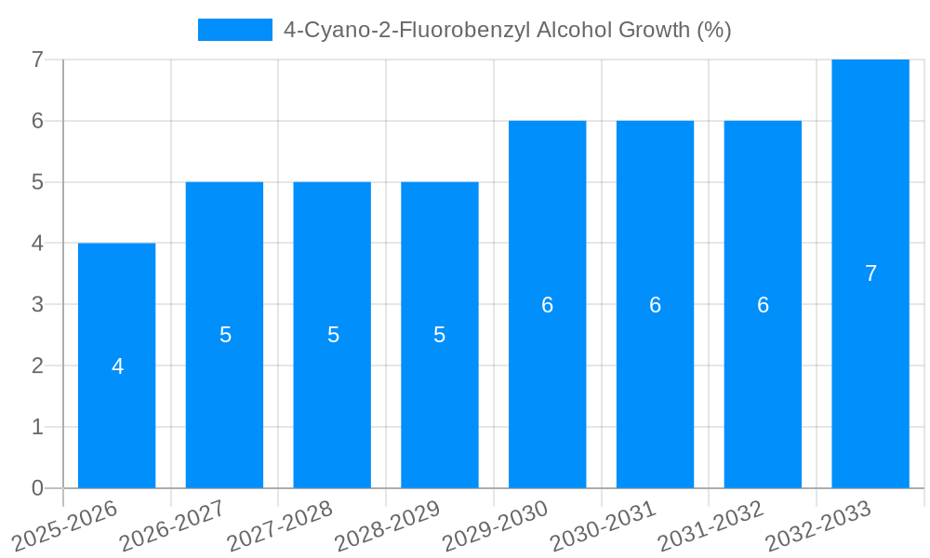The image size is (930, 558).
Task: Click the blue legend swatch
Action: [x=234, y=30]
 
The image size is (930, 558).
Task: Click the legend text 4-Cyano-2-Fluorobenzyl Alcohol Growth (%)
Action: [x=507, y=30]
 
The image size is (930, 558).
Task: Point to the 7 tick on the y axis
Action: [x=37, y=60]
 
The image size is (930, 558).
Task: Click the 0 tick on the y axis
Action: [x=37, y=488]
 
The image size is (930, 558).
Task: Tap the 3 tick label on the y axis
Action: [x=37, y=304]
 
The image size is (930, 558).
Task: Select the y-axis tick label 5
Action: [x=37, y=182]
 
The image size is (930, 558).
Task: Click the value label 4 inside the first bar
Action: [x=117, y=366]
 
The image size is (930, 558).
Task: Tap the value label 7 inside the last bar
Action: [x=870, y=273]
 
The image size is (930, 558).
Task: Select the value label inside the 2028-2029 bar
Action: [x=440, y=335]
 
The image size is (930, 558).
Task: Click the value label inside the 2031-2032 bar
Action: [x=763, y=305]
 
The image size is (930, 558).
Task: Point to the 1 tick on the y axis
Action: [x=37, y=427]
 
